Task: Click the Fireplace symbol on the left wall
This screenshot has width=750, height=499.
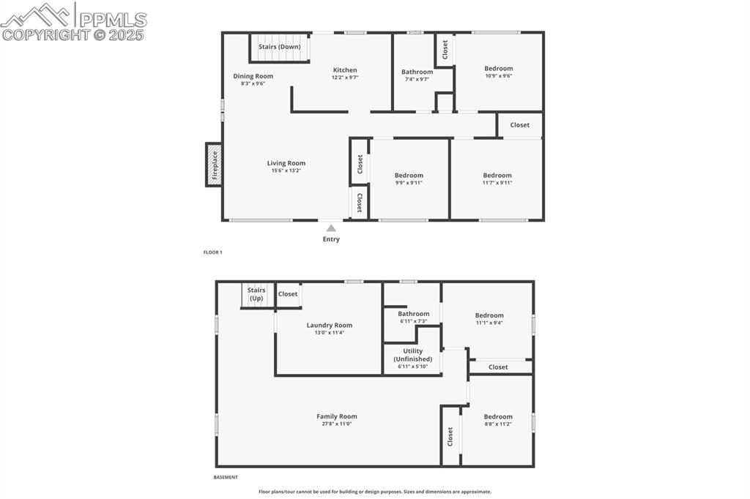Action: (214, 165)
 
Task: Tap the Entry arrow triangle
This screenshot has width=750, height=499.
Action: (331, 228)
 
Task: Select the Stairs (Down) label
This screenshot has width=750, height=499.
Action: (279, 47)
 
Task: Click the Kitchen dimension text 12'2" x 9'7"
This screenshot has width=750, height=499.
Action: (344, 78)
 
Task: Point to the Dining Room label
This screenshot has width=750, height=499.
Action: (253, 76)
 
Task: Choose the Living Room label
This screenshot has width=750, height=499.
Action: (286, 163)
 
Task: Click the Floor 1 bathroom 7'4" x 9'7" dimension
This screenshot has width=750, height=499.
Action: (417, 79)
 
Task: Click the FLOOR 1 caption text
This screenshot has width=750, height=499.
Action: (212, 252)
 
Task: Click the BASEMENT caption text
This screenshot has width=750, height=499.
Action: (226, 477)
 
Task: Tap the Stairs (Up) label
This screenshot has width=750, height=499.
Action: (256, 294)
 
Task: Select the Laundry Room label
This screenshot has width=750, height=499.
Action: (329, 325)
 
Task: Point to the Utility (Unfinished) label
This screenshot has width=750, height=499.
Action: (412, 355)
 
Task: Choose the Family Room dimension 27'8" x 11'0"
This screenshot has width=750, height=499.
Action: (337, 424)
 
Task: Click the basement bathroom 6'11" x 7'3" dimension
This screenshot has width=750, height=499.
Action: (414, 321)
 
